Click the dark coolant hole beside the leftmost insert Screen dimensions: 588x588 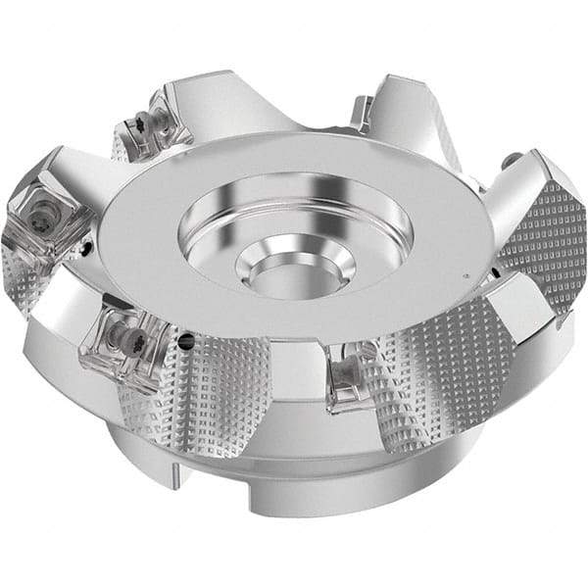[87, 250]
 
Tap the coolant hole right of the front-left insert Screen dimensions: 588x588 [186, 342]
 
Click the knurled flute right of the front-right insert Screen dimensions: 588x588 [431, 377]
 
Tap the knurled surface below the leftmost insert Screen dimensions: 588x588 [29, 284]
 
